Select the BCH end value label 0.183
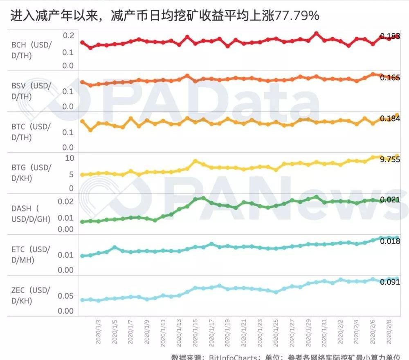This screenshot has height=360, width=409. click(390, 36)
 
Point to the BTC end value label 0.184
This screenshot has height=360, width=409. click(390, 119)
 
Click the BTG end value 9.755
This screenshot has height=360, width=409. click(390, 160)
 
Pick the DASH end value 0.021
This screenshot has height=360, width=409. click(390, 200)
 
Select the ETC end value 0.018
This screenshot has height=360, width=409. click(390, 241)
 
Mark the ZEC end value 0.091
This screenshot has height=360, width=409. click(390, 282)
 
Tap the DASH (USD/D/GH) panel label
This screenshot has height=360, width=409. click(31, 214)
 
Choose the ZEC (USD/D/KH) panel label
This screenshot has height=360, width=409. click(31, 296)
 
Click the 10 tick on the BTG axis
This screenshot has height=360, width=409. click(69, 158)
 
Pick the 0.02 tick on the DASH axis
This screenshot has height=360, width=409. click(66, 201)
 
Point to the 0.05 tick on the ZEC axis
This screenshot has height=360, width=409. click(66, 296)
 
